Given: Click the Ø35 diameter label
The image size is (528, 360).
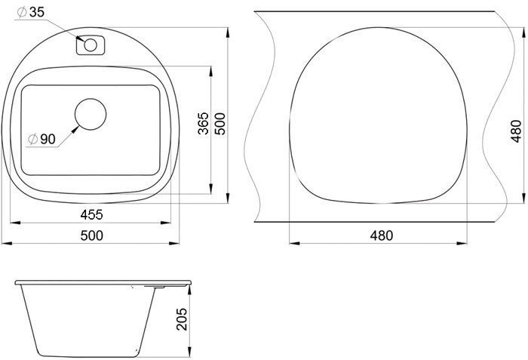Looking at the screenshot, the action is [31, 12].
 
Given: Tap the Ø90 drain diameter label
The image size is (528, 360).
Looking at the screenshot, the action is [41, 139].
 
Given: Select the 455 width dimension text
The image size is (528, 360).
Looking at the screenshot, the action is [91, 215].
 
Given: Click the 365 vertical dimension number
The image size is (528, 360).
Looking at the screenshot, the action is [203, 124].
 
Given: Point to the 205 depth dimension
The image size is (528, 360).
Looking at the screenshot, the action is [182, 319].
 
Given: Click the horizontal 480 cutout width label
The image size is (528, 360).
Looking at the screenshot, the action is [381, 235].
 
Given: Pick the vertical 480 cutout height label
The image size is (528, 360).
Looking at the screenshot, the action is [516, 131].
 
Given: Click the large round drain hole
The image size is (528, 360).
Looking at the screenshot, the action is [91, 114].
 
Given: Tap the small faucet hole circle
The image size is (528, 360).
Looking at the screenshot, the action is [91, 45].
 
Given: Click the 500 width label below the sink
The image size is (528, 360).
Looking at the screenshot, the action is [91, 235].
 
